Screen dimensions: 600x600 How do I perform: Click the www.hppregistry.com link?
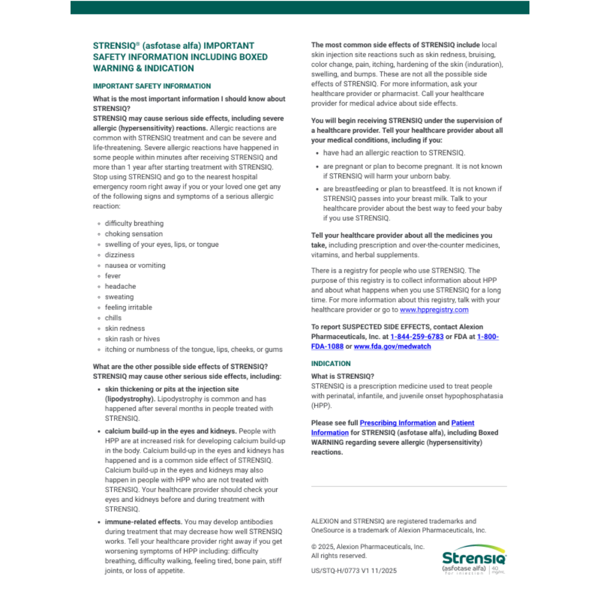point(434,310)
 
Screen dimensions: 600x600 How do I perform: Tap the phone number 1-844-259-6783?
point(417,337)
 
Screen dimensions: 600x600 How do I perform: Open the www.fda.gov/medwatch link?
point(392,347)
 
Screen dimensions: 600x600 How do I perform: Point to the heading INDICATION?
point(331,363)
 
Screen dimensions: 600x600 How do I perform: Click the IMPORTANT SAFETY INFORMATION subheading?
point(152,86)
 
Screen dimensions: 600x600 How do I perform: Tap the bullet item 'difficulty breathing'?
point(134,223)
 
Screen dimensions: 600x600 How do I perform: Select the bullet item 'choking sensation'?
point(133,234)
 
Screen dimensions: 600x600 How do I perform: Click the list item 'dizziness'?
point(119,255)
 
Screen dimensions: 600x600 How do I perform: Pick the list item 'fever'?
point(113,276)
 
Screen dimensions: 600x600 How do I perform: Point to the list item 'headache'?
point(120,287)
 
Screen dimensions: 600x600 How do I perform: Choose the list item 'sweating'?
point(120,297)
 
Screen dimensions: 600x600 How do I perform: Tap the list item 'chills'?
point(113,318)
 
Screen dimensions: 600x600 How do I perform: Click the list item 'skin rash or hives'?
point(132,339)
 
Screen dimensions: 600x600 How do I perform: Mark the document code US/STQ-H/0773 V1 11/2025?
point(354,571)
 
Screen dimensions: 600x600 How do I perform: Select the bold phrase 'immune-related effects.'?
point(143,522)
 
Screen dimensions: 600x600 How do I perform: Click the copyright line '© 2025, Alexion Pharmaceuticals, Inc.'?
point(367,547)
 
